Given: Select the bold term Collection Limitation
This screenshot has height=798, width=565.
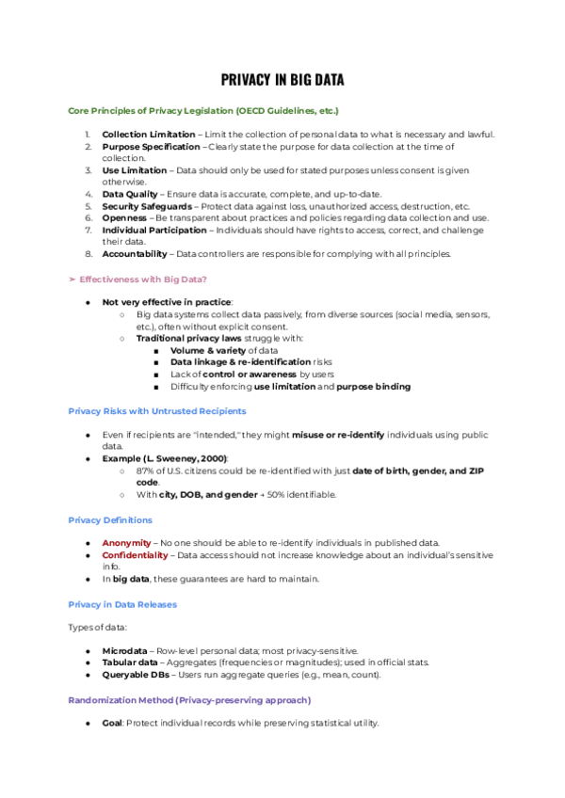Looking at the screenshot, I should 149,135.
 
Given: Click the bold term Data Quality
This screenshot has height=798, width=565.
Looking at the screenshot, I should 129,194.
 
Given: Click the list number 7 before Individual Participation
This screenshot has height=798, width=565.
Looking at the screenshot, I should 87,230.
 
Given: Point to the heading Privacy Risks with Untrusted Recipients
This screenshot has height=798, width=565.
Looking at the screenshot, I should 157,410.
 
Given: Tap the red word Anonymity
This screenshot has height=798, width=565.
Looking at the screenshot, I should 126,543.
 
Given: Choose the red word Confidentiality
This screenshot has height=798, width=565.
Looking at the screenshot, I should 136,555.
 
